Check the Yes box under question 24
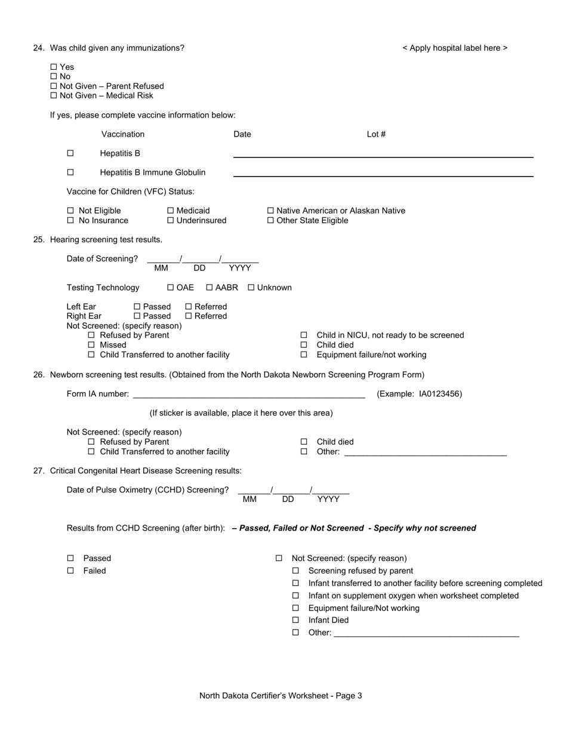click(x=54, y=67)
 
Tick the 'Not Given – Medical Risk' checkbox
click(x=54, y=96)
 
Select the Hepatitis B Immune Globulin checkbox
click(x=70, y=172)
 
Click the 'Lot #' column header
click(x=376, y=134)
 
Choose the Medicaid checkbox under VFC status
click(x=171, y=211)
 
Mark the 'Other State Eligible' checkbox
click(x=270, y=221)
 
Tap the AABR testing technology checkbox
click(x=209, y=288)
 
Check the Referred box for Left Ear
click(x=189, y=307)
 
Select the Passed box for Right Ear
click(x=137, y=316)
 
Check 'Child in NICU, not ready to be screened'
click(x=304, y=335)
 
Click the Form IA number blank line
click(x=248, y=394)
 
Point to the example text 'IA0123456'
click(x=440, y=394)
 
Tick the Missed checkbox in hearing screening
click(x=91, y=345)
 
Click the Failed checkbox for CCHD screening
click(x=70, y=571)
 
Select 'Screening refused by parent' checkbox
click(x=295, y=571)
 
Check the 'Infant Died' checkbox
click(x=295, y=621)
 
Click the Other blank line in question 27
click(x=426, y=633)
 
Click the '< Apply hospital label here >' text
click(x=455, y=48)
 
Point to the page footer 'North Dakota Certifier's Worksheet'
click(x=281, y=696)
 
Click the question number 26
click(x=39, y=375)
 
